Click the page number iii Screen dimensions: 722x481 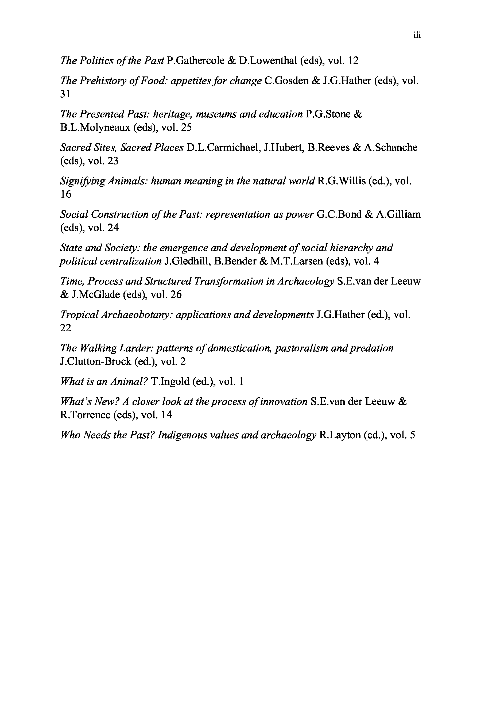coord(417,35)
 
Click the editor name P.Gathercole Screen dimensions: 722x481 coord(195,60)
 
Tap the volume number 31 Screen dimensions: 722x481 coord(65,94)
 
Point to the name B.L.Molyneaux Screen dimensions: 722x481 coord(95,127)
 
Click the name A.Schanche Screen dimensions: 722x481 coord(390,148)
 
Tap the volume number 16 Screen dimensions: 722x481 coord(65,194)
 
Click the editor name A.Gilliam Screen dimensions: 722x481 coord(398,214)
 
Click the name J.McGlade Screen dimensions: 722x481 coord(95,295)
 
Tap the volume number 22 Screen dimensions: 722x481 coord(65,328)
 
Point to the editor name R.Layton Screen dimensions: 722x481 coord(340,435)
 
